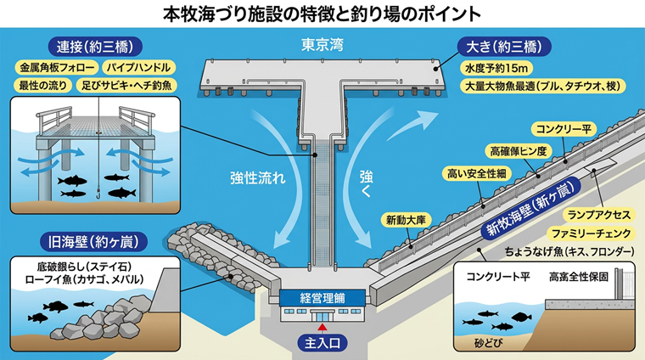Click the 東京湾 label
(322, 45)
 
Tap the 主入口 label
(322, 342)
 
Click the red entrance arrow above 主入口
(322, 328)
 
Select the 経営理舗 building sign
(322, 298)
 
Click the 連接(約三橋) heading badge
(95, 47)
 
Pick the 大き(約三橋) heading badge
(504, 47)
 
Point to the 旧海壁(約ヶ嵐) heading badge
(93, 241)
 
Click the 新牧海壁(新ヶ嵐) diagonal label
(530, 209)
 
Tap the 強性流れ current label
(257, 177)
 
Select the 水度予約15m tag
(496, 67)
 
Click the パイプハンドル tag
(138, 67)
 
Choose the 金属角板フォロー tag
(57, 67)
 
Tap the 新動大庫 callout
(406, 220)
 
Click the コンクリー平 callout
(564, 129)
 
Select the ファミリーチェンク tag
(592, 233)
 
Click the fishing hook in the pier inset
(98, 194)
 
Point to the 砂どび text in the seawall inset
(488, 343)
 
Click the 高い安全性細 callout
(477, 173)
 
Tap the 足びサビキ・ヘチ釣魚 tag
(126, 85)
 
